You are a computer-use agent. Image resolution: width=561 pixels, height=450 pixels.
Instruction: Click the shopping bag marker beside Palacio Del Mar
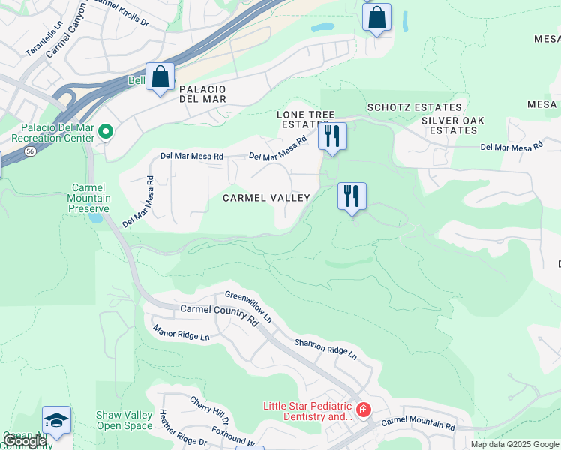point(160,76)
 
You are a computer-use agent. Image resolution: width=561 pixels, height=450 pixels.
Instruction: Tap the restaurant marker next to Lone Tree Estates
point(331,136)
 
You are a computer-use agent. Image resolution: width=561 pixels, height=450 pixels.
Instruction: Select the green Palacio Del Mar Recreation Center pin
point(106,133)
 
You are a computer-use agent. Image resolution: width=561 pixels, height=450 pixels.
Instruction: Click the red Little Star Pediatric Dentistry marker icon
point(364,409)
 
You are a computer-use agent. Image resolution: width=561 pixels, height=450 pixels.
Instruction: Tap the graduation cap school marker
point(56,420)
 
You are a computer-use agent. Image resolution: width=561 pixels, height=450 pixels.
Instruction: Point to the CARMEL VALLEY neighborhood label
point(266,198)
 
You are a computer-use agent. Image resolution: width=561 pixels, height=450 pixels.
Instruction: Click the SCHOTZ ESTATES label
point(414,108)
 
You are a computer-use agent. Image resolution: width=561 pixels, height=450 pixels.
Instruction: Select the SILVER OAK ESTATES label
point(452,125)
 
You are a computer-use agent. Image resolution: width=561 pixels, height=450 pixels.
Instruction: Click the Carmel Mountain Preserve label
point(91,198)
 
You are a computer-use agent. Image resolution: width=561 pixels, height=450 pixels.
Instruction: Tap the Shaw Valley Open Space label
point(124,420)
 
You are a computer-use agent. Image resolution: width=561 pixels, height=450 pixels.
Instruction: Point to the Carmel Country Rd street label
point(219,313)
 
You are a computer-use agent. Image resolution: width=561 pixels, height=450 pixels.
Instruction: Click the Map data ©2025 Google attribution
point(514,444)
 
